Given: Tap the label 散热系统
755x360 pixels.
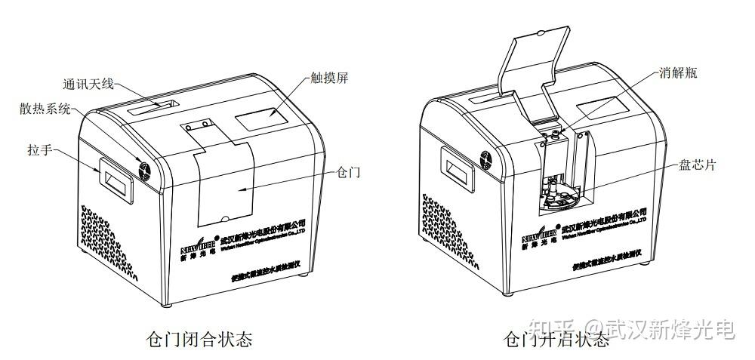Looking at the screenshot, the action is [45, 109].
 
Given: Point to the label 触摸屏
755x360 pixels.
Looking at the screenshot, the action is [328, 78].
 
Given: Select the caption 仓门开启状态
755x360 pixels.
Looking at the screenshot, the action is [556, 339].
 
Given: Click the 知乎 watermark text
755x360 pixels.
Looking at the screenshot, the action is [550, 327].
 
